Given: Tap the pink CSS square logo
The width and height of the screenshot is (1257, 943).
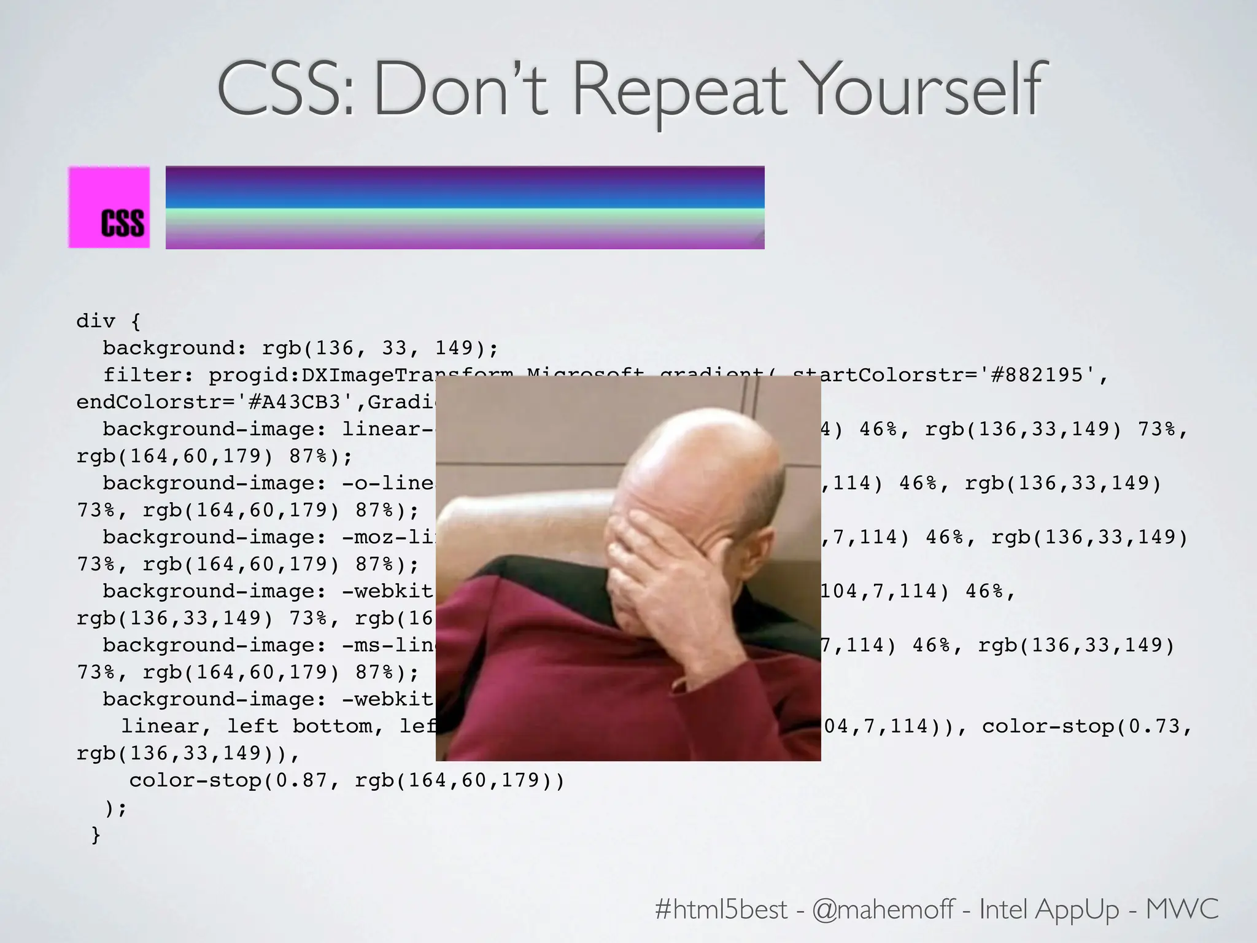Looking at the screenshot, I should click(109, 208).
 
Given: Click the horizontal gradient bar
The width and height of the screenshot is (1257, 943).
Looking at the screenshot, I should click(465, 208).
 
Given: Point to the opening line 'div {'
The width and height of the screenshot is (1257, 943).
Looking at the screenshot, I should click(108, 320).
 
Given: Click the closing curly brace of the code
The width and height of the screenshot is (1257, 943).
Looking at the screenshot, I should click(96, 834).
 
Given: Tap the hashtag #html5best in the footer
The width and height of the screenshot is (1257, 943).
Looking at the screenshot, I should click(721, 909).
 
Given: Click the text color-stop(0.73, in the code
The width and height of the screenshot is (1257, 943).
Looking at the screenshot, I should click(1086, 726).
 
